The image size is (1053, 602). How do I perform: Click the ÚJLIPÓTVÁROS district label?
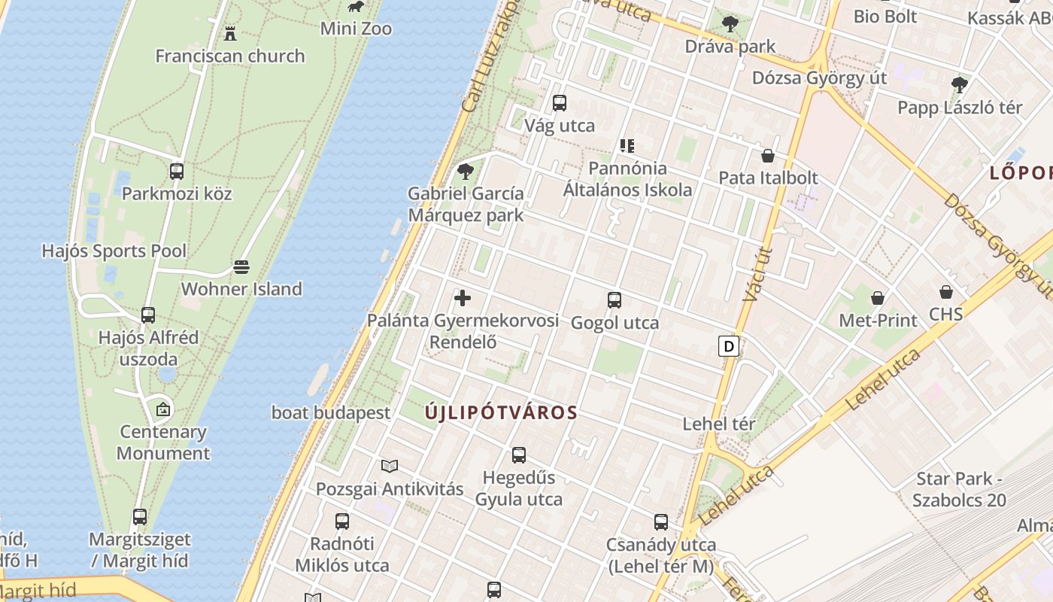[x=501, y=412]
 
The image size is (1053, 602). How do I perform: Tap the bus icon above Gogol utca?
[x=615, y=300]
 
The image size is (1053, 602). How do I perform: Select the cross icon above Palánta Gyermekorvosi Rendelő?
[x=463, y=298]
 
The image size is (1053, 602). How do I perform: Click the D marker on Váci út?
[x=728, y=346]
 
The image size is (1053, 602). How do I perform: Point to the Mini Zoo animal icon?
[x=356, y=8]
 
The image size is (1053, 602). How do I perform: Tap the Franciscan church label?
[x=230, y=56]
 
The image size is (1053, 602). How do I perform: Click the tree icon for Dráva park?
[x=730, y=24]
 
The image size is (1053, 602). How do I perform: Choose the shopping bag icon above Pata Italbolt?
[x=768, y=156]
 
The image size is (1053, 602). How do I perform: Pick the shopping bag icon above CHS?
[x=946, y=291]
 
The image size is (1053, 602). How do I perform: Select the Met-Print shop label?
[x=878, y=321]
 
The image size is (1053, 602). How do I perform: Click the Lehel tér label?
[x=718, y=424]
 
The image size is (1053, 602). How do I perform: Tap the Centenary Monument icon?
[x=163, y=410]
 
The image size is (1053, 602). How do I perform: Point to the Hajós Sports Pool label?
[x=114, y=251]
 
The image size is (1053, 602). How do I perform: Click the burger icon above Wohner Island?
[x=241, y=267]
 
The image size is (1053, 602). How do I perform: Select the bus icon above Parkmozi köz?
[x=177, y=172]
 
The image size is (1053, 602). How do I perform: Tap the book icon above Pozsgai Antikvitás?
[x=390, y=467]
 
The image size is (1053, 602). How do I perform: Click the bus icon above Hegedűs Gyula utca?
[x=519, y=455]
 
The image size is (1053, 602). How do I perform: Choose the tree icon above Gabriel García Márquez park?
[x=466, y=172]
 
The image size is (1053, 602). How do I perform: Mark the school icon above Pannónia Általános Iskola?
[x=627, y=146]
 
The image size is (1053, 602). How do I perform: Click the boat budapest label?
[x=331, y=412]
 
